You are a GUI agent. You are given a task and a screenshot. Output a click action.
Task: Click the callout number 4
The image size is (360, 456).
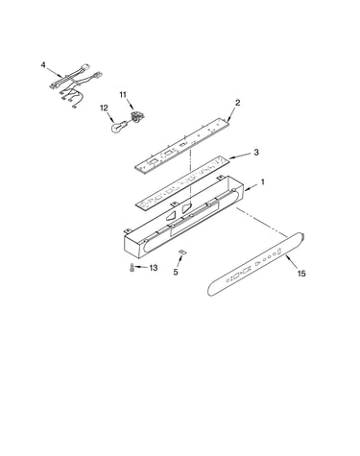tap(43, 65)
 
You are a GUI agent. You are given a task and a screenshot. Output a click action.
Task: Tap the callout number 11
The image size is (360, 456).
tap(123, 95)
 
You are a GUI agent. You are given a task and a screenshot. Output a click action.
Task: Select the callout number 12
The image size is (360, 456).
tap(104, 108)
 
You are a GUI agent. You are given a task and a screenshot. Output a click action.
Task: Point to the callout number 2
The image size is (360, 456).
tap(237, 103)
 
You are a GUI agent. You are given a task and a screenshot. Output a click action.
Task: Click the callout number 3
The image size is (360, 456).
tap(256, 153)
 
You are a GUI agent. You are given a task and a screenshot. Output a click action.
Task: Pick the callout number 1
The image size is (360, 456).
tap(263, 182)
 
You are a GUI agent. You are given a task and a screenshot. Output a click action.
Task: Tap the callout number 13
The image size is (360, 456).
tap(154, 267)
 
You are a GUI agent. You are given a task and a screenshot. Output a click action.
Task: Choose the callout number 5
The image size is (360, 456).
tap(176, 272)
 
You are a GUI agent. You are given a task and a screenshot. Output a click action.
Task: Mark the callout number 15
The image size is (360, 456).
tap(301, 274)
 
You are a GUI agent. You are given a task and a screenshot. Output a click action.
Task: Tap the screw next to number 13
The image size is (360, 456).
tap(132, 268)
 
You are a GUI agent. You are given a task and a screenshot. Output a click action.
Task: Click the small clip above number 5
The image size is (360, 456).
tap(182, 252)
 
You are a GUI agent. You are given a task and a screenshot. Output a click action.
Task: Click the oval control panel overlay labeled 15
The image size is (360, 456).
tap(256, 264)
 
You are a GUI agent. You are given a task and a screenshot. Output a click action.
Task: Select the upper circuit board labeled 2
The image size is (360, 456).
tap(182, 144)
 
